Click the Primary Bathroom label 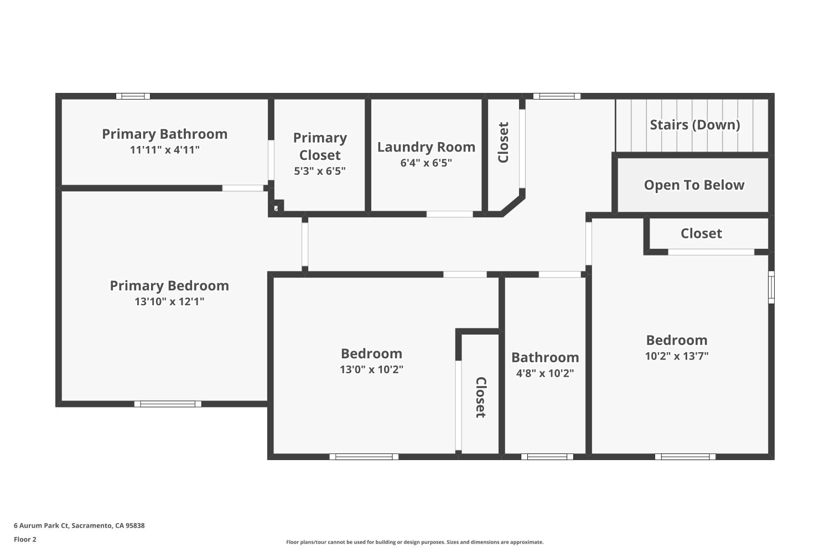coord(164,134)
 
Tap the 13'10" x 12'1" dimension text coord(169,301)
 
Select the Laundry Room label coord(426,147)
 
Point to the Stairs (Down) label coord(695,125)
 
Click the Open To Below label coord(694,185)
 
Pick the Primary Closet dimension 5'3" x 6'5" coord(320,171)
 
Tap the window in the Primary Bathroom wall coord(133,96)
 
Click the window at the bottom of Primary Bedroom coord(168,404)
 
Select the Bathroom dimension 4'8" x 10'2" coord(545,373)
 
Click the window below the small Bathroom coord(547,457)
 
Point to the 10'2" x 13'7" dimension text coord(677,356)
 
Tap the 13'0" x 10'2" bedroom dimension coord(371,369)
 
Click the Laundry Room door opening coord(449,214)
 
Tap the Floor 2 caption coord(25,539)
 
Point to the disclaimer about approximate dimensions coord(414,542)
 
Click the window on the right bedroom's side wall coord(771,288)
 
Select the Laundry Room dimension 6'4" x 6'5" coord(426,163)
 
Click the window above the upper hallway coord(557,96)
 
